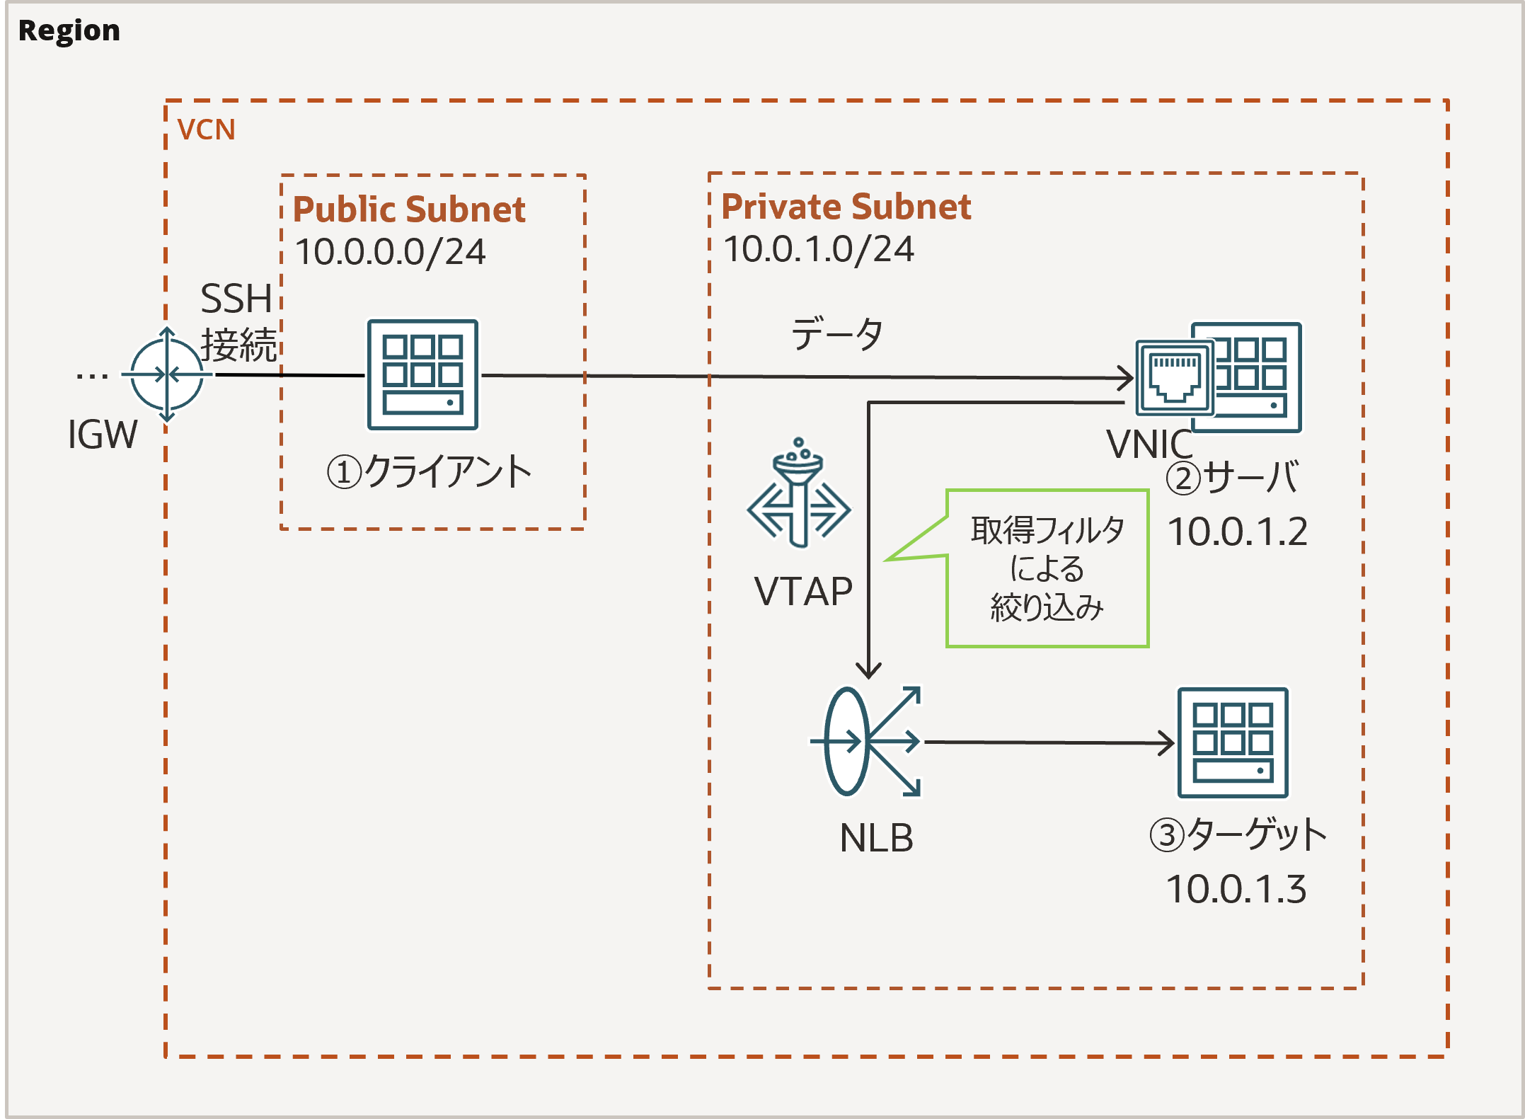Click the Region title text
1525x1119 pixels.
[69, 30]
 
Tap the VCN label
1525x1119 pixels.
[206, 130]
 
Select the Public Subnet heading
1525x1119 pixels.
[409, 210]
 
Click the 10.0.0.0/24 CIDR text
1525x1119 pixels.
[390, 252]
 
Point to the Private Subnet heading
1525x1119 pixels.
[846, 207]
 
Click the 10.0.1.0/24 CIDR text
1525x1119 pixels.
[818, 249]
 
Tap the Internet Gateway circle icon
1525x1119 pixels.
[167, 374]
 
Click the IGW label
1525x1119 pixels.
[103, 434]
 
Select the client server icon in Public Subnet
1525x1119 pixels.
[422, 374]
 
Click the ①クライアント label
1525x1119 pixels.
[429, 472]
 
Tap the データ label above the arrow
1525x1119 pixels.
[836, 334]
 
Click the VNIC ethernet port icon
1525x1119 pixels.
[1174, 378]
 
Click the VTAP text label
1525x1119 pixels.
[803, 591]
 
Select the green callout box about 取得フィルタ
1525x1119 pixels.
[1047, 568]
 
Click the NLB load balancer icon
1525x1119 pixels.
[865, 742]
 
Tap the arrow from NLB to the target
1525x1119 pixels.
[1047, 742]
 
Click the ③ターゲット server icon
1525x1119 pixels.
[1232, 742]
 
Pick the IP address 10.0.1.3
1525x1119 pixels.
[1236, 889]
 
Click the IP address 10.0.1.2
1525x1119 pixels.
[1237, 532]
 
